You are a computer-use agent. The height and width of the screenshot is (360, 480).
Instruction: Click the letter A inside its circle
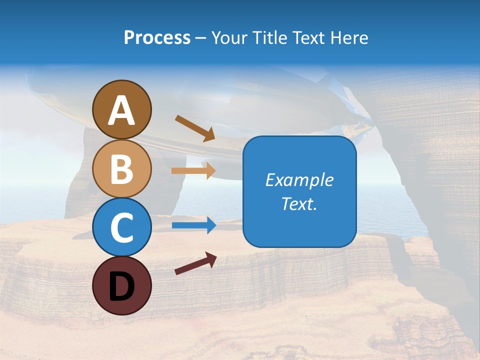[121, 110]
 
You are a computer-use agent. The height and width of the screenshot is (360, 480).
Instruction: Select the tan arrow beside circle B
[193, 170]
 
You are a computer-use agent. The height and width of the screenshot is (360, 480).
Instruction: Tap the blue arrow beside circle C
[193, 225]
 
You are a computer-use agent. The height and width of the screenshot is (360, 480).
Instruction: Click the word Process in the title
[157, 38]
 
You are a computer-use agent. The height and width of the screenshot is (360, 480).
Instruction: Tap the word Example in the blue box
[299, 180]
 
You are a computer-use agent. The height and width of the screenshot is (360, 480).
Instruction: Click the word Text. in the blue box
[299, 203]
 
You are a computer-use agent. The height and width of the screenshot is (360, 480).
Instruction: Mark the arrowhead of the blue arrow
[210, 225]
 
